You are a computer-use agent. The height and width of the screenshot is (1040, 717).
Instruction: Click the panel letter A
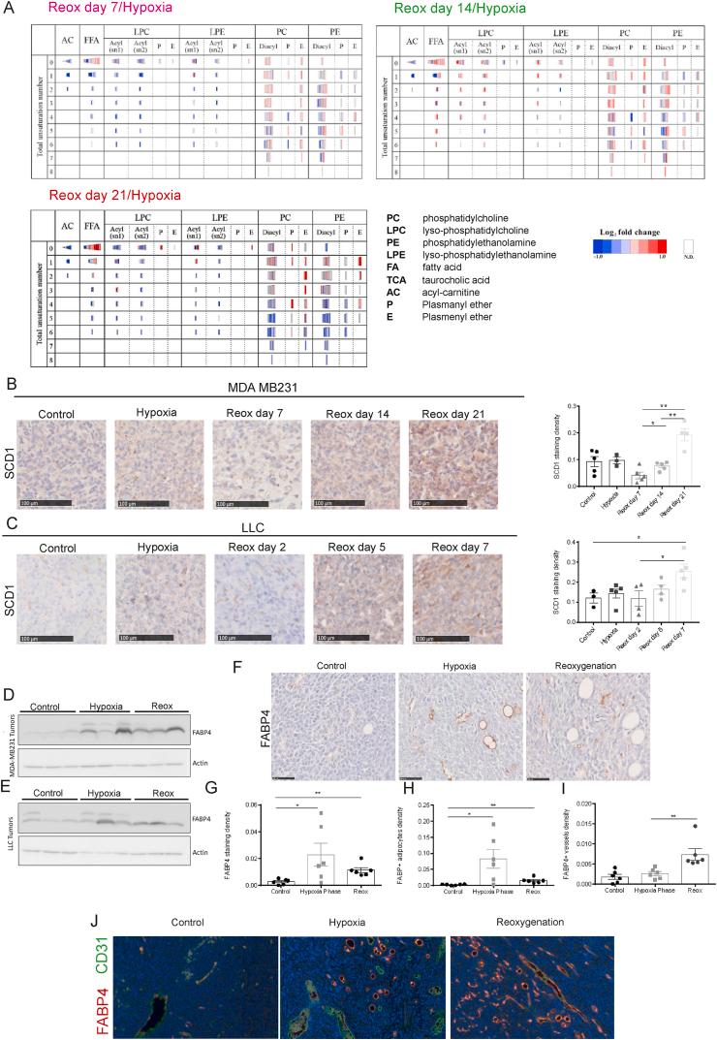click(8, 9)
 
